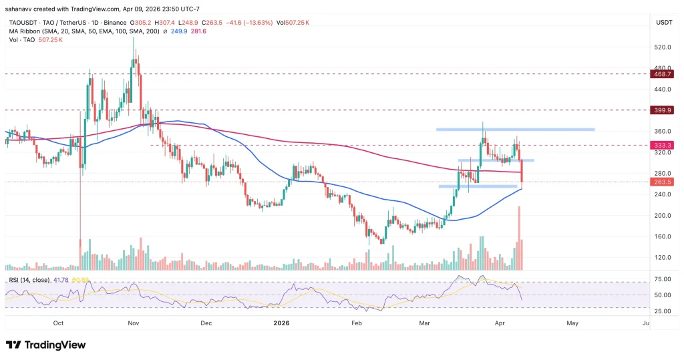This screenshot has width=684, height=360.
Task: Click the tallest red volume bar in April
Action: click(x=518, y=238)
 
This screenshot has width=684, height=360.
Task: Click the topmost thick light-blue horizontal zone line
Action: click(x=515, y=129)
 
